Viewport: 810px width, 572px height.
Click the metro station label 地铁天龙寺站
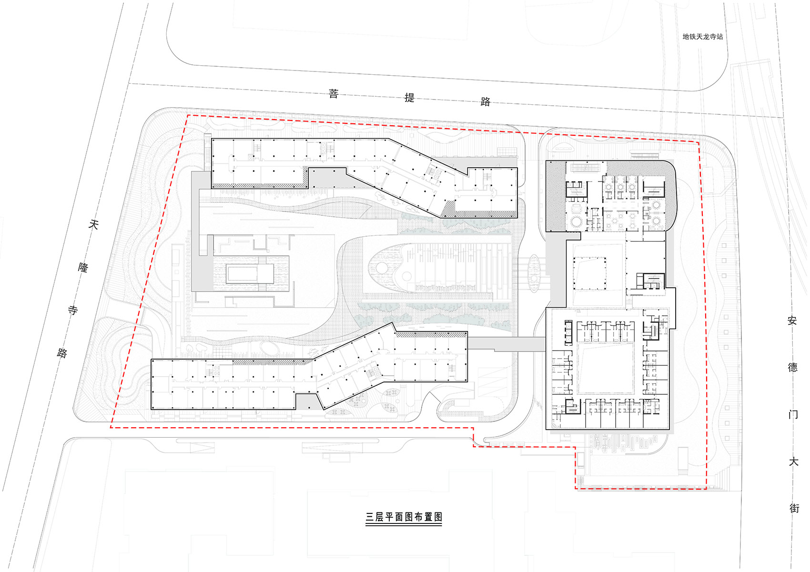click(703, 37)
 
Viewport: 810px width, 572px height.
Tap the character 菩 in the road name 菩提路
click(334, 94)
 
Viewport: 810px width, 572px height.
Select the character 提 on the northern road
click(409, 98)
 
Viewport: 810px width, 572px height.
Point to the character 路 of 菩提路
click(485, 101)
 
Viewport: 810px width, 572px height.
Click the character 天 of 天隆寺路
click(93, 225)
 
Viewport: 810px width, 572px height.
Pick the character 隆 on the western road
click(83, 268)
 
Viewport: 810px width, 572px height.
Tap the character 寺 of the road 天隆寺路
click(73, 310)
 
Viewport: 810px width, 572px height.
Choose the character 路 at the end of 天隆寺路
click(62, 353)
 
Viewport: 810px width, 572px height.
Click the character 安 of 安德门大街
click(792, 321)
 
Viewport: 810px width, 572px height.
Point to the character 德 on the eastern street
click(793, 368)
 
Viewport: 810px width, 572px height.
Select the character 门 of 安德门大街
click(793, 414)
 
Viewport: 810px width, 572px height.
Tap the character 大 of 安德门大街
click(794, 462)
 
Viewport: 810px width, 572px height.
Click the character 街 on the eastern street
click(794, 508)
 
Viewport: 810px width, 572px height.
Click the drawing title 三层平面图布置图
click(404, 517)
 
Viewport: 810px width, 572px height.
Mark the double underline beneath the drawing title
click(404, 524)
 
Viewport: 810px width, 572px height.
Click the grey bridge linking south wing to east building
click(506, 344)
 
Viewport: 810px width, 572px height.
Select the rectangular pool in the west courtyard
click(250, 274)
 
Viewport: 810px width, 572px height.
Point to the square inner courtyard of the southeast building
click(605, 369)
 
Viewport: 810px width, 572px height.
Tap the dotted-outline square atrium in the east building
click(589, 273)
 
